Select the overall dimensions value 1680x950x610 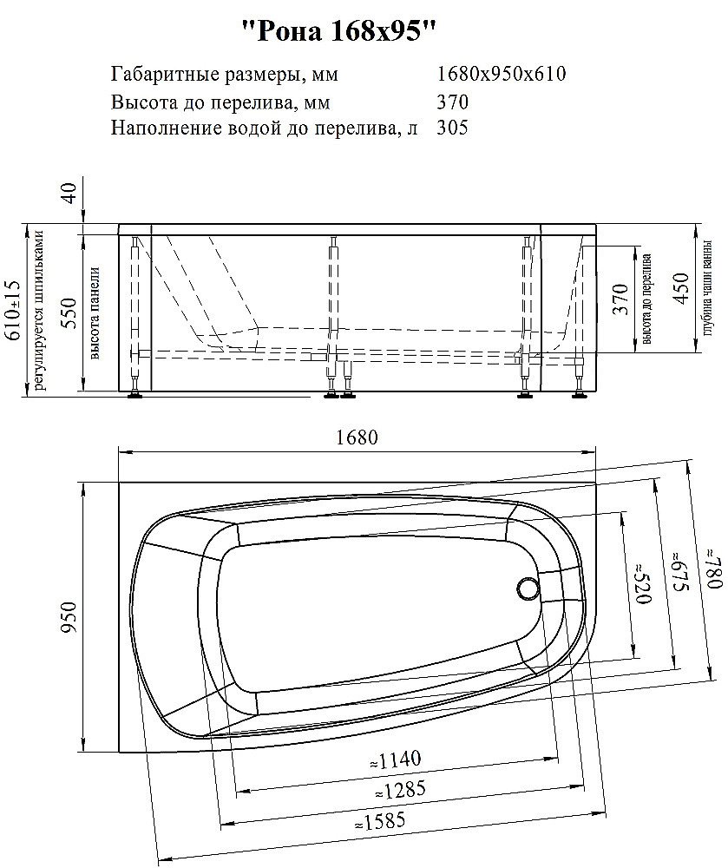click(502, 74)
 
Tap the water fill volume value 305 click(453, 128)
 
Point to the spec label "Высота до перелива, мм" click(220, 102)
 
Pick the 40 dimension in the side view click(69, 191)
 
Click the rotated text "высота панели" click(95, 312)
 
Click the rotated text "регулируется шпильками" click(37, 310)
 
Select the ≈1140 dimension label click(395, 761)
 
